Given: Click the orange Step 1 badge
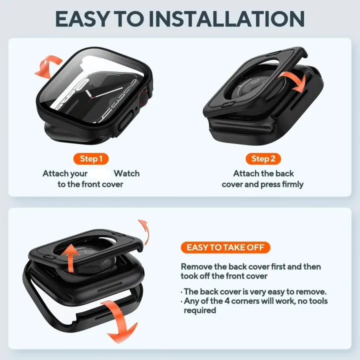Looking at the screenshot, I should (91, 159).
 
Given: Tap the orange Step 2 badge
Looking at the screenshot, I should (263, 159).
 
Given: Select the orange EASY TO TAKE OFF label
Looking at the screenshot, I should (225, 247).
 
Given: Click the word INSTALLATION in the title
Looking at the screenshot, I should (232, 19).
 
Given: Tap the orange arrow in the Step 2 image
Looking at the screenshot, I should (291, 80).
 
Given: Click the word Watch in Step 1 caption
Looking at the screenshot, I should (126, 173).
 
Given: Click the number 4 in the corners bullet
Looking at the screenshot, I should (227, 301).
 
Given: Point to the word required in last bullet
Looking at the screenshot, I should (200, 310).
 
